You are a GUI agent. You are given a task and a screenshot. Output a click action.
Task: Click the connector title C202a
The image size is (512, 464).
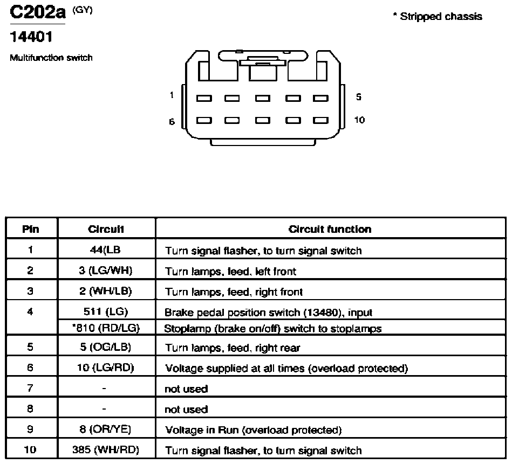tap(38, 12)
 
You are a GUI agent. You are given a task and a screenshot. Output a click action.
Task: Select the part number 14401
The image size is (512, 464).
tap(31, 37)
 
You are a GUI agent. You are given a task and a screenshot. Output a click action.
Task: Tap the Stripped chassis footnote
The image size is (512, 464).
tap(438, 16)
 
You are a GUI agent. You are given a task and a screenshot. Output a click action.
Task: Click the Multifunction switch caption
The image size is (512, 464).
tap(51, 58)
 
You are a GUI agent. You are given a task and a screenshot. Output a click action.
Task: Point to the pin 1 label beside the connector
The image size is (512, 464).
tap(172, 95)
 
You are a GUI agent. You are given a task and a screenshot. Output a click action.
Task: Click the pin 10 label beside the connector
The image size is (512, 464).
tap(359, 120)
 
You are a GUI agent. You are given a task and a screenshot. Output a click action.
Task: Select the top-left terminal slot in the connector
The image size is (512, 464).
tap(204, 98)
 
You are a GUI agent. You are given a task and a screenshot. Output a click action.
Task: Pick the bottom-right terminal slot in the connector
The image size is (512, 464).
tap(320, 120)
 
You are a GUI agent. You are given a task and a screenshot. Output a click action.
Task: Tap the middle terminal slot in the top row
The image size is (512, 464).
tap(263, 98)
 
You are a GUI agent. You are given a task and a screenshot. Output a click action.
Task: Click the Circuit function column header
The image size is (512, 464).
tap(330, 229)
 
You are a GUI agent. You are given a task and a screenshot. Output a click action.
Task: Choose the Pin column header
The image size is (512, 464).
tap(31, 229)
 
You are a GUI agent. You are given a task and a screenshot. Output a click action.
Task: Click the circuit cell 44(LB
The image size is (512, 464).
tap(105, 250)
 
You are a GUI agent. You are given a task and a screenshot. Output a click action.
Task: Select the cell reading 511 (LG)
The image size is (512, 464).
tap(105, 311)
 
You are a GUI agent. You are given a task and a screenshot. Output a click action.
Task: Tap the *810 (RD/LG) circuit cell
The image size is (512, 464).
tap(106, 328)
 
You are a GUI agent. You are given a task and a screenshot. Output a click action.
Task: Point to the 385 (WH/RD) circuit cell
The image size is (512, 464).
tap(105, 449)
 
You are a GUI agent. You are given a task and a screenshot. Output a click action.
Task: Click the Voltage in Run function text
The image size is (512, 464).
tap(254, 430)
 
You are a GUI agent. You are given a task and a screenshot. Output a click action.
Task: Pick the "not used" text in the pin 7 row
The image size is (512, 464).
tap(186, 389)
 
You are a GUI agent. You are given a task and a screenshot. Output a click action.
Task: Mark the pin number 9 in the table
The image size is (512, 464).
tap(30, 429)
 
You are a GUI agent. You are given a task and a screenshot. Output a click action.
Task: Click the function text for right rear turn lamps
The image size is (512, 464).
tap(232, 348)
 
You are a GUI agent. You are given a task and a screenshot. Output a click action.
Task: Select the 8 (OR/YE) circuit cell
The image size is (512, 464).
tap(105, 429)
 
